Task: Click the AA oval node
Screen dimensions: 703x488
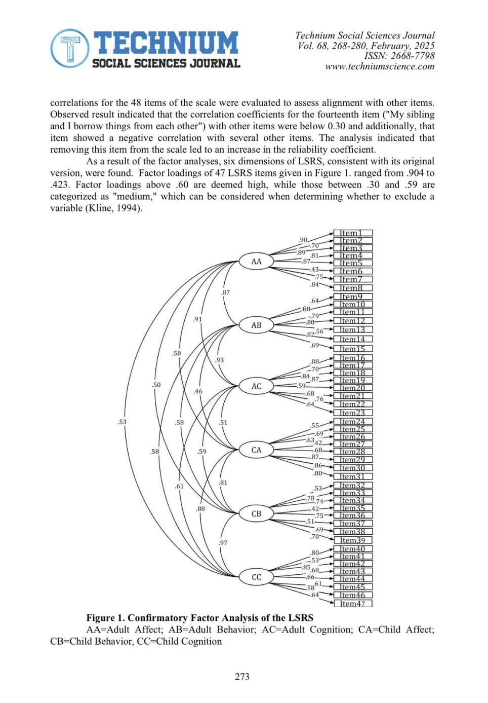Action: click(x=256, y=262)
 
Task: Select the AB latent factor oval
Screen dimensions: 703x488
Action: click(x=256, y=325)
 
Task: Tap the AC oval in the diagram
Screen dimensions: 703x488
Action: click(x=256, y=386)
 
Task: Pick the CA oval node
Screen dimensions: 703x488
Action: click(x=256, y=450)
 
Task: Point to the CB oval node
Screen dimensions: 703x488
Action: click(x=256, y=513)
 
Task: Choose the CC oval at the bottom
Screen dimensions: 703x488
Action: click(x=256, y=577)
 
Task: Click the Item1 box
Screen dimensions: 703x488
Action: click(x=353, y=233)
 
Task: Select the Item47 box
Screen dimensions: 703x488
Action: click(x=353, y=603)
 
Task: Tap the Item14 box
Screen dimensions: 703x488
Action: click(x=353, y=339)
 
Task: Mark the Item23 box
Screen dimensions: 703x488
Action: click(x=353, y=413)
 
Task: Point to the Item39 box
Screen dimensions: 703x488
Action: click(x=353, y=540)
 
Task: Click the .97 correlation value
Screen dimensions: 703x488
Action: click(x=223, y=543)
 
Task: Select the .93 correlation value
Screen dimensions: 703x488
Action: click(x=219, y=360)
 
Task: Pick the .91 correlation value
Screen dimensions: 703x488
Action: click(x=197, y=319)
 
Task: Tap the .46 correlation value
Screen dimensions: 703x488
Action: click(x=197, y=391)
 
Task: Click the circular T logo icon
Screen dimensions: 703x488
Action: click(x=70, y=49)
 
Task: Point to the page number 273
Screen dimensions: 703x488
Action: click(x=242, y=677)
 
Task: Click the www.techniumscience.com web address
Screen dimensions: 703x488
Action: click(x=380, y=66)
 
